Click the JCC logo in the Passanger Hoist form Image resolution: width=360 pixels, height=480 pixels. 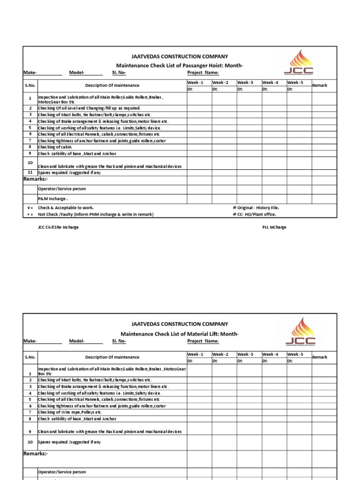point(299,64)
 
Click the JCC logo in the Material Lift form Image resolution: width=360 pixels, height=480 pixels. point(300,331)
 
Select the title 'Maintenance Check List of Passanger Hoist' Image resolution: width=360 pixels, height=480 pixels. point(179,65)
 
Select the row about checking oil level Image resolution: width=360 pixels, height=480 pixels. point(89,108)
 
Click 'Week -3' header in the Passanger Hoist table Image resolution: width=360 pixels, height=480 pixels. point(246,82)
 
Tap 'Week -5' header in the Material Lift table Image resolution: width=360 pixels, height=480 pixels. point(295,354)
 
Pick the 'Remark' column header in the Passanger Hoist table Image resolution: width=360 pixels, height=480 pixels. point(320,85)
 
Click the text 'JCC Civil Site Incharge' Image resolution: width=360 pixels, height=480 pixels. point(58,227)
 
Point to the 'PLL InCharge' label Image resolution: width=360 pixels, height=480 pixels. point(274,227)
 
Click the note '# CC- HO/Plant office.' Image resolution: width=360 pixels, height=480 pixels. point(254,214)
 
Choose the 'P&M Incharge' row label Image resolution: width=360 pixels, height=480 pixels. point(50,199)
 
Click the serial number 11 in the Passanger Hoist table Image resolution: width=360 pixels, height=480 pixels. point(30,172)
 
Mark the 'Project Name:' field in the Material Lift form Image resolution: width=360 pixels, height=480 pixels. point(203,341)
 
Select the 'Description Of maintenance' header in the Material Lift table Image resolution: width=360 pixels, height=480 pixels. point(112,357)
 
